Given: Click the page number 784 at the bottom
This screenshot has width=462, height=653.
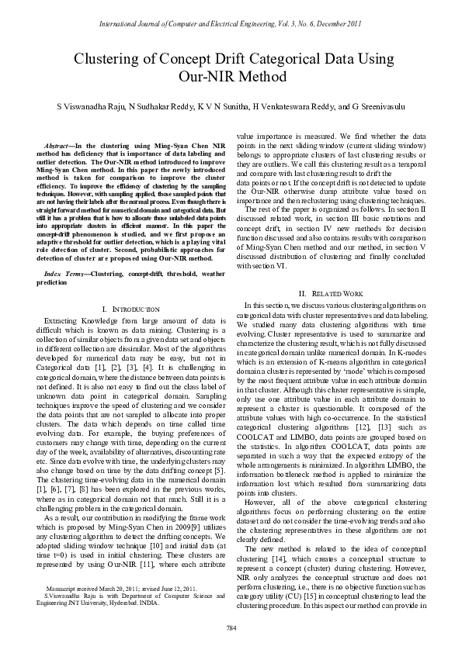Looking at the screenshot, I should pos(231,627).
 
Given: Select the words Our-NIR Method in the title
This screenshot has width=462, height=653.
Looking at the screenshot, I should pos(231,77).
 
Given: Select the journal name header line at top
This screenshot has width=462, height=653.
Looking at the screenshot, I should pos(231,25).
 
